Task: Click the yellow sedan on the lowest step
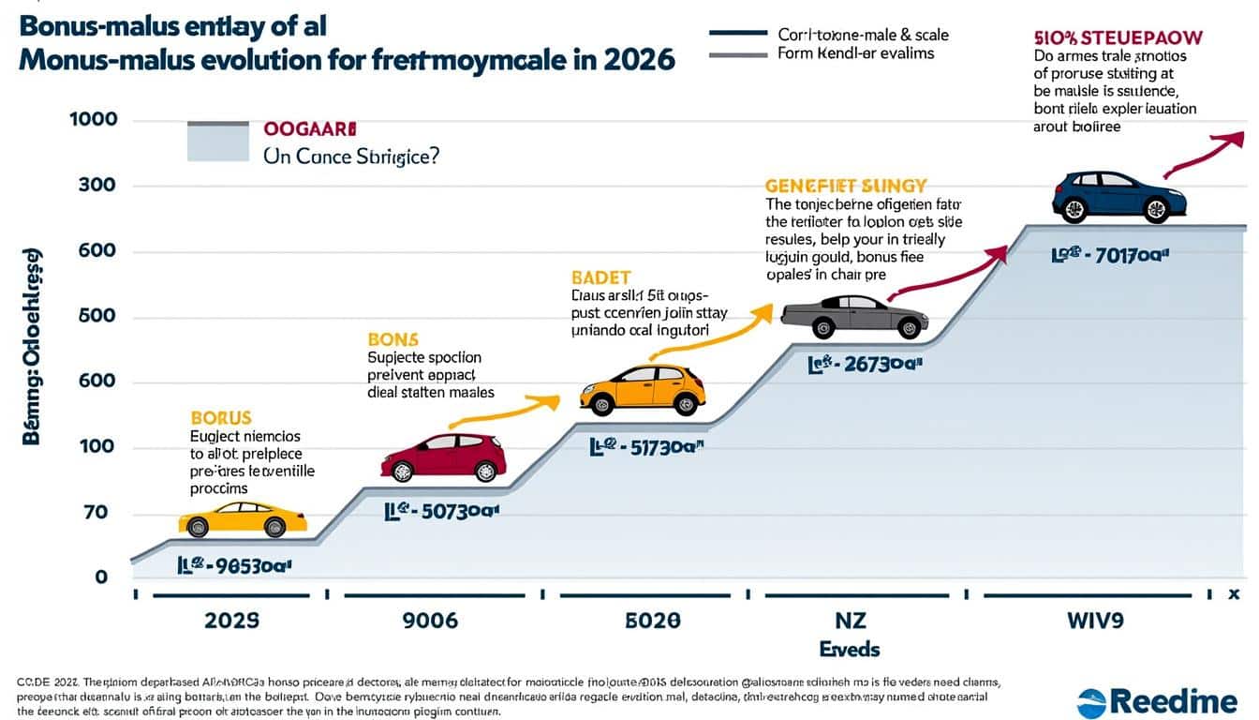(x=244, y=519)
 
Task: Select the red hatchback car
(x=444, y=457)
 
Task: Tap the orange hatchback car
(x=643, y=389)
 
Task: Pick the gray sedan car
(x=854, y=317)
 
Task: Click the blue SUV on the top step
(x=1119, y=197)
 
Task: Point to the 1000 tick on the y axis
(x=93, y=121)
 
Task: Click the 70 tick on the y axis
(x=96, y=513)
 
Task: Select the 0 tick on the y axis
(x=101, y=577)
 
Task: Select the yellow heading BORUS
(x=221, y=417)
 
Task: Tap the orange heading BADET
(x=600, y=277)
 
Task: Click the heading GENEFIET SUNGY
(x=845, y=186)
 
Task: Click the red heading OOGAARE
(x=309, y=129)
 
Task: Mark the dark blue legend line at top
(x=738, y=34)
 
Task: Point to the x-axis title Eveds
(x=849, y=649)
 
